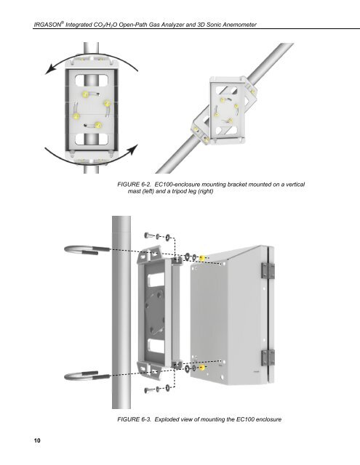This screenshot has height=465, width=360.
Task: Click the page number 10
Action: (x=37, y=440)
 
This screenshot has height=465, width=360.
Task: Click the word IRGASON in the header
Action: (x=47, y=25)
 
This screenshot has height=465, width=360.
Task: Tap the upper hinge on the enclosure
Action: (x=268, y=270)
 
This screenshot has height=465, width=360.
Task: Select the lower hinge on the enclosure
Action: (x=268, y=357)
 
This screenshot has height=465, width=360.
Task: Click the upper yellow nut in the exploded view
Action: (x=202, y=258)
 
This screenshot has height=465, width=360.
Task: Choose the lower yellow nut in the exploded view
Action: (x=202, y=368)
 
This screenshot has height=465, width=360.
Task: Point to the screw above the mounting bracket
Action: (x=148, y=235)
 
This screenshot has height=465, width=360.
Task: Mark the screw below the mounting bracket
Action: (x=148, y=390)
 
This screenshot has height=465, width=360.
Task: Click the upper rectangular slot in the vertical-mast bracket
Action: (x=91, y=81)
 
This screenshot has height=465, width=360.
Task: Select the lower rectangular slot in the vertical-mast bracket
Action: (x=91, y=139)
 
